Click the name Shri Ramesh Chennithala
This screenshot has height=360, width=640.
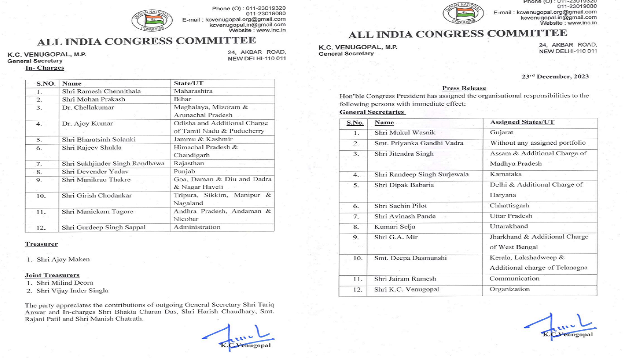click(101, 91)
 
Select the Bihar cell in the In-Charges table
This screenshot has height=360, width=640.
click(182, 99)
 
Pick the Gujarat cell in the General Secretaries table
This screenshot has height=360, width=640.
click(501, 133)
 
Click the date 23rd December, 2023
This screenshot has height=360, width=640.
click(555, 77)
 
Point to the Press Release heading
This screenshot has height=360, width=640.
click(464, 88)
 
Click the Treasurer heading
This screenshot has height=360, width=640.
click(41, 244)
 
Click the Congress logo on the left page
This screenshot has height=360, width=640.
click(152, 20)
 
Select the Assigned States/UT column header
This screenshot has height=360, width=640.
click(522, 122)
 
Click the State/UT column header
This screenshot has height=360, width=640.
click(188, 83)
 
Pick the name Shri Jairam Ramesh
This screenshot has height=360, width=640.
click(405, 279)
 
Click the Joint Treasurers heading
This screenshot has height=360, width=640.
click(52, 275)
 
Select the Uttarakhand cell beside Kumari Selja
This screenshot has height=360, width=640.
click(508, 226)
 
